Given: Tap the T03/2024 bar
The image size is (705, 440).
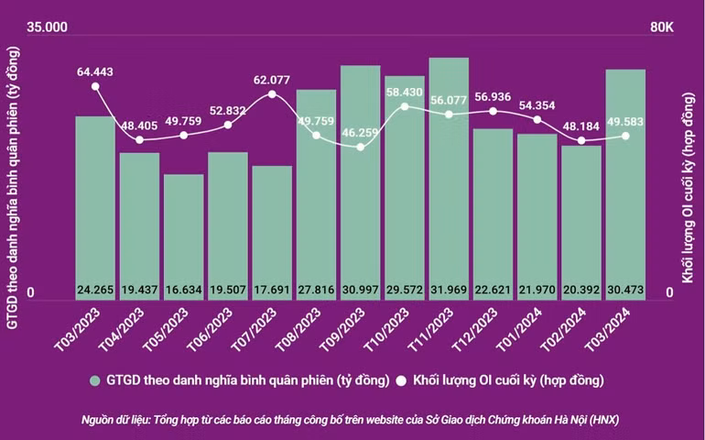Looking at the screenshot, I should pos(625,183).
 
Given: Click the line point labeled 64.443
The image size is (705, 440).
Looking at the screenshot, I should pos(95,86).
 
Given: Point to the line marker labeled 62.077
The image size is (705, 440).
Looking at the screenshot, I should pos(272,94).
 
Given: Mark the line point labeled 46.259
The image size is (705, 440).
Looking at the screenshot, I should pos(360,147).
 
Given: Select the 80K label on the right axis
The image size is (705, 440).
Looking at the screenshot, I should pos(662,28).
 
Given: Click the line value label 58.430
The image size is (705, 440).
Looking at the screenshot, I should pos(404,93).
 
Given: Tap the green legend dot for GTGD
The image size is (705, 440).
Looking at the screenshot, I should pos(94,378).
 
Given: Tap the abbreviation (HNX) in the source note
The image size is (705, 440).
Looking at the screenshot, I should pos(606,419).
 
